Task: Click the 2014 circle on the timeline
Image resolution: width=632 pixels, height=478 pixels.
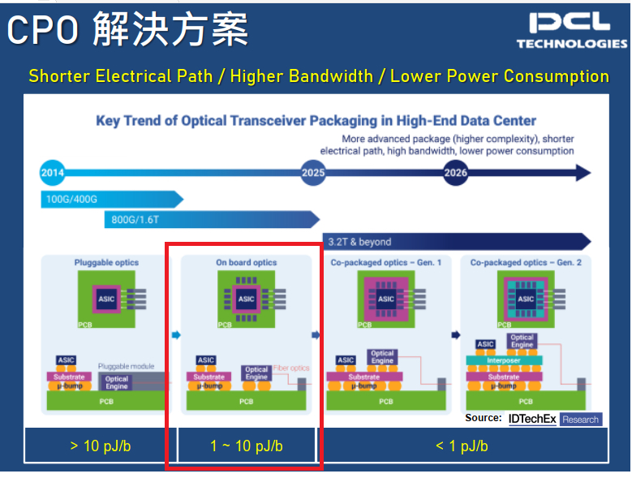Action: pos(52,172)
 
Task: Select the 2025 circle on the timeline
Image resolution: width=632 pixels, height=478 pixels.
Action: pos(312,172)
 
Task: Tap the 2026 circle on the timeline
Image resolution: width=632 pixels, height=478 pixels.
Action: pos(455,172)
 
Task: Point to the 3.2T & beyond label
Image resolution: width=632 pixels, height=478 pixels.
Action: pos(359,241)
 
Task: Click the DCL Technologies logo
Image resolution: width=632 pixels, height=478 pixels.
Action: pos(571,31)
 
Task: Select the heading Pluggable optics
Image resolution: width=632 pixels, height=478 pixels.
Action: pos(106,262)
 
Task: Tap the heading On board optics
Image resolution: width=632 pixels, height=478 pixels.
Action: pos(246,262)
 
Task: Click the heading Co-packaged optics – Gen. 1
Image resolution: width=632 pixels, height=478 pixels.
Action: pos(386,262)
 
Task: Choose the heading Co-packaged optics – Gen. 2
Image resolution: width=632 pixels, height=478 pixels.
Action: pos(526,262)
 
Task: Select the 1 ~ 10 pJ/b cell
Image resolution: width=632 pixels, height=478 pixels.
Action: pos(246,446)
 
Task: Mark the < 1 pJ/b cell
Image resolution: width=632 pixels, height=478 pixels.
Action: pos(461,446)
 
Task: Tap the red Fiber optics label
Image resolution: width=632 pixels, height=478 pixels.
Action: pos(290,368)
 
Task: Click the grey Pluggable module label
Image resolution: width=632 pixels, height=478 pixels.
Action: pos(126,367)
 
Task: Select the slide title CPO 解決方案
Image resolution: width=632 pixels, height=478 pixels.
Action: pos(127,30)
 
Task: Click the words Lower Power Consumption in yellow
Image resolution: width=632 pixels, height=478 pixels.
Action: pos(500,76)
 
